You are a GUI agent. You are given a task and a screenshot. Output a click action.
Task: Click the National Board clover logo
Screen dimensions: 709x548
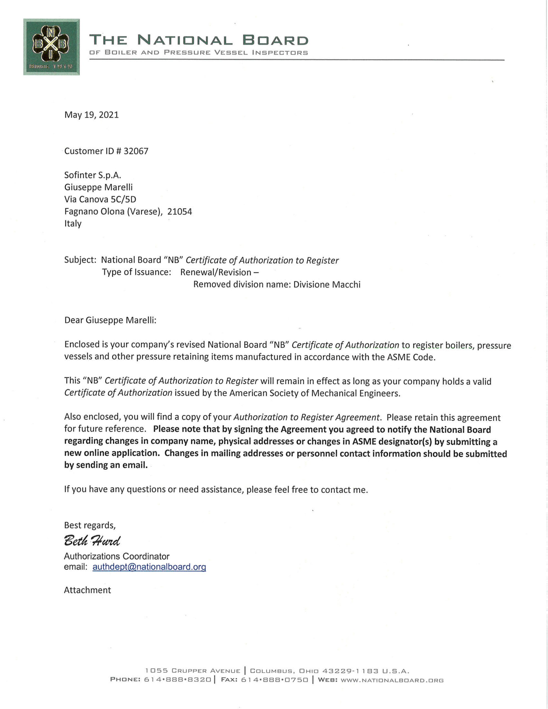(x=51, y=47)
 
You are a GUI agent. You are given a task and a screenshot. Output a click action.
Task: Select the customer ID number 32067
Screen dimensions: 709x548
(x=136, y=151)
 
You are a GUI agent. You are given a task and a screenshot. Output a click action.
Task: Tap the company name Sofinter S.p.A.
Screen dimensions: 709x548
(x=93, y=175)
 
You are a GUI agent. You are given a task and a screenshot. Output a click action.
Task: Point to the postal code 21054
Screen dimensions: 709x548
(x=180, y=212)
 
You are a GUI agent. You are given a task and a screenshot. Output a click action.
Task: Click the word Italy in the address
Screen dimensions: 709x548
(x=73, y=224)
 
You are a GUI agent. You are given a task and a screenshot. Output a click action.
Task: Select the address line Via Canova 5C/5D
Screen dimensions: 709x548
(x=100, y=199)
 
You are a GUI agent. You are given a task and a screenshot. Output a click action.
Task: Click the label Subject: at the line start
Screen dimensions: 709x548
(x=80, y=260)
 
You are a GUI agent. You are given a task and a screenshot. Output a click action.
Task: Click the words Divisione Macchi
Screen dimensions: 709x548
(x=327, y=284)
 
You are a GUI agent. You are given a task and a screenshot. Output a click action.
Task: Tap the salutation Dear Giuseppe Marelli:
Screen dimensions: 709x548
(x=110, y=320)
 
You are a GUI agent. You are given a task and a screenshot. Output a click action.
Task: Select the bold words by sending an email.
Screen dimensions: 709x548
(x=106, y=465)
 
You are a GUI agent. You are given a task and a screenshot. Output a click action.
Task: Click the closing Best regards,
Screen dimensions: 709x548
(x=90, y=525)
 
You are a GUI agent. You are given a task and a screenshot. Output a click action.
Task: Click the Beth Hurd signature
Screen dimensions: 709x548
(x=92, y=541)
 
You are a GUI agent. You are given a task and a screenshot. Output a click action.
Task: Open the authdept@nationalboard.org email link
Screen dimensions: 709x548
(x=149, y=567)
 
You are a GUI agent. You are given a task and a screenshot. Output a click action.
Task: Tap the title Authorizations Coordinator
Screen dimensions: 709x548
(x=117, y=556)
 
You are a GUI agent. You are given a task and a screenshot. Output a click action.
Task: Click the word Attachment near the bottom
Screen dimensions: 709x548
(x=87, y=590)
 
